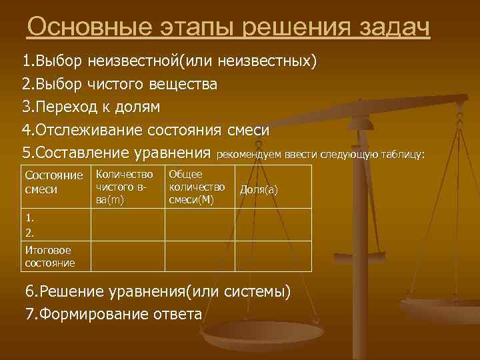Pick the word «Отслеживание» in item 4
[81, 129]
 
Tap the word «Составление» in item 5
[81, 152]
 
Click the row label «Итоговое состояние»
[49, 257]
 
